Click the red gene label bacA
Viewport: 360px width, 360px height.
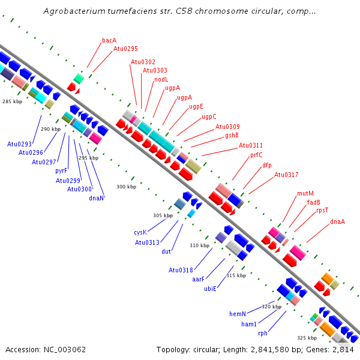pyautogui.click(x=109, y=40)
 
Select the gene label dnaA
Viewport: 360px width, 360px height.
pyautogui.click(x=337, y=221)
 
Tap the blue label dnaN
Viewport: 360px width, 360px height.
pyautogui.click(x=97, y=198)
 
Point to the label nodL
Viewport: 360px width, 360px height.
pyautogui.click(x=161, y=79)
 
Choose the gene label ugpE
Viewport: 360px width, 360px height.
pyautogui.click(x=196, y=107)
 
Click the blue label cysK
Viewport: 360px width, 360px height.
pyautogui.click(x=140, y=232)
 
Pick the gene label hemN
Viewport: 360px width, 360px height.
pyautogui.click(x=238, y=314)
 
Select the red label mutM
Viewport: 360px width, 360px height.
pyautogui.click(x=305, y=194)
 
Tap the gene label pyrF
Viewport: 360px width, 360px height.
pyautogui.click(x=61, y=171)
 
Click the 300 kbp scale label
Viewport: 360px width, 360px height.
pyautogui.click(x=126, y=187)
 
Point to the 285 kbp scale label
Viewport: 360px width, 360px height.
pyautogui.click(x=13, y=101)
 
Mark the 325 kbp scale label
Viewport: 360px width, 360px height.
pyautogui.click(x=307, y=338)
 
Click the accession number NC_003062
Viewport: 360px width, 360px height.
pyautogui.click(x=65, y=350)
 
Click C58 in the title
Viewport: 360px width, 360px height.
pyautogui.click(x=184, y=11)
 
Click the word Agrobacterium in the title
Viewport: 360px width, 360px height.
pyautogui.click(x=74, y=11)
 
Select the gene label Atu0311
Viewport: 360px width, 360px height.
pyautogui.click(x=251, y=145)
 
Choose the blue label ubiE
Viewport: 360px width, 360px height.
pyautogui.click(x=211, y=289)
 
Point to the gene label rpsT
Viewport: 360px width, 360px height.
pyautogui.click(x=322, y=211)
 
